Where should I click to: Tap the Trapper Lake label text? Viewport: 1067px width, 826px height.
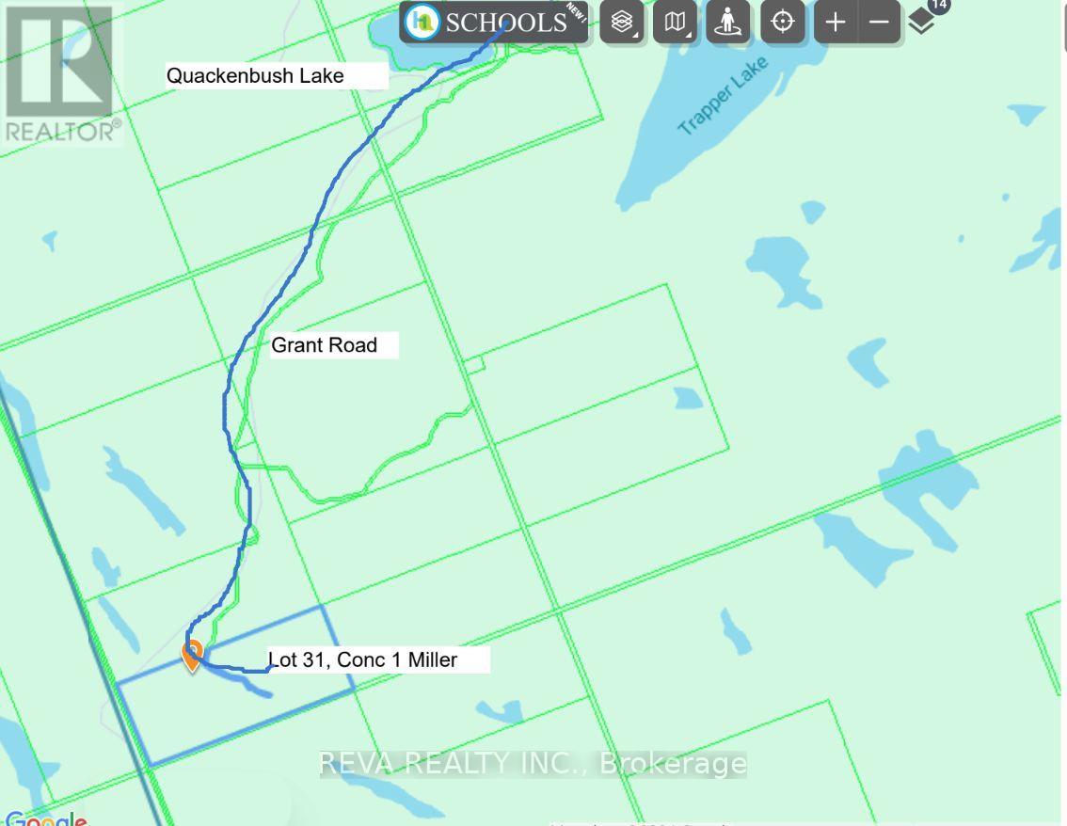(x=723, y=94)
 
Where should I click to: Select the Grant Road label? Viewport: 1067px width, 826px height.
(x=324, y=345)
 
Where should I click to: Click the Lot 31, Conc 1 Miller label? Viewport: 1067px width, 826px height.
(x=363, y=659)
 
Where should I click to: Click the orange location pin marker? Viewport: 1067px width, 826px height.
(x=192, y=655)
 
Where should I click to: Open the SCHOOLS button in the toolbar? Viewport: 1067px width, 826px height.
(x=493, y=22)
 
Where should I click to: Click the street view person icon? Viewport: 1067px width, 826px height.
(x=727, y=22)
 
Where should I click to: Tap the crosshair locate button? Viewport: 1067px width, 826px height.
(x=783, y=22)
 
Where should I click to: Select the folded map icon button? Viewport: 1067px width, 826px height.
(x=675, y=22)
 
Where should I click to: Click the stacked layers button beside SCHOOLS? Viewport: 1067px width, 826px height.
(x=622, y=22)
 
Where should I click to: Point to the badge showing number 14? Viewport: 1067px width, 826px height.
(x=938, y=5)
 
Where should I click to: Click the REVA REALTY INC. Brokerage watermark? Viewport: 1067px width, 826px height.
(x=533, y=763)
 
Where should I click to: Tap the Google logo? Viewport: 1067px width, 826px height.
(x=45, y=819)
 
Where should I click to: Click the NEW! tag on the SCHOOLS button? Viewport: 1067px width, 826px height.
(x=576, y=13)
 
